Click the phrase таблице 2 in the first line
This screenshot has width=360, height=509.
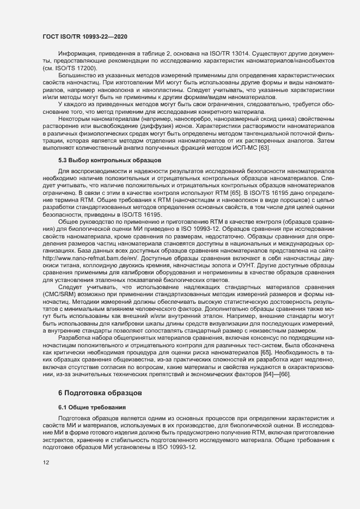point(150,54)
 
